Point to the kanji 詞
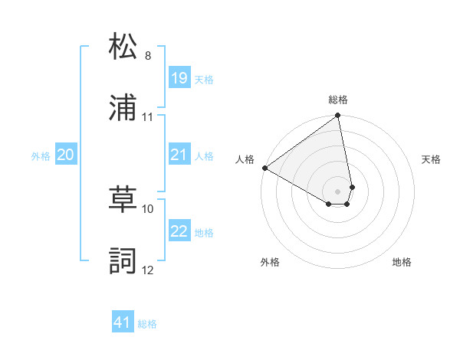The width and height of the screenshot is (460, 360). [123, 260]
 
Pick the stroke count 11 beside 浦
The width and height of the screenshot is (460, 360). [148, 117]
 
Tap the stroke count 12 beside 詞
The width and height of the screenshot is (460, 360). [148, 270]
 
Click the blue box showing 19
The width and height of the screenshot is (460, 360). [179, 78]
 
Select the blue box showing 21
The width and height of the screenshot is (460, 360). [179, 155]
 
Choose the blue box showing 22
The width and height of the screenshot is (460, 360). [179, 231]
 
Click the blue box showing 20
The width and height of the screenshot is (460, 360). [65, 155]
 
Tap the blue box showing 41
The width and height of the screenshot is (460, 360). [123, 322]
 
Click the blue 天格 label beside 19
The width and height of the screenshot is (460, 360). [204, 79]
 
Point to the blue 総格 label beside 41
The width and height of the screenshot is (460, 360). [147, 324]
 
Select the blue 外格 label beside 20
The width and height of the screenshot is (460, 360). [41, 156]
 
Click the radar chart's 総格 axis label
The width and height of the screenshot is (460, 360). [338, 100]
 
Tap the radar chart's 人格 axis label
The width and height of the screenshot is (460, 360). [245, 159]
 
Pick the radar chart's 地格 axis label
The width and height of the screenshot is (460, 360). [402, 263]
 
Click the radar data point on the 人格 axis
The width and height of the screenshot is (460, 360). [264, 168]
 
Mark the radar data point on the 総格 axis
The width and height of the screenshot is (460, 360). [338, 116]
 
